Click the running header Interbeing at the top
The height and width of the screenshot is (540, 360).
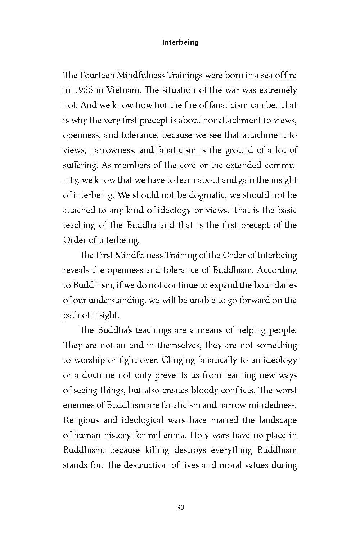coord(180,42)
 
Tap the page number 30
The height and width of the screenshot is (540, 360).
coord(180,508)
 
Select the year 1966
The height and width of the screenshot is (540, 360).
coord(84,90)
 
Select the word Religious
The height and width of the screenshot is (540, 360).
coord(80,420)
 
